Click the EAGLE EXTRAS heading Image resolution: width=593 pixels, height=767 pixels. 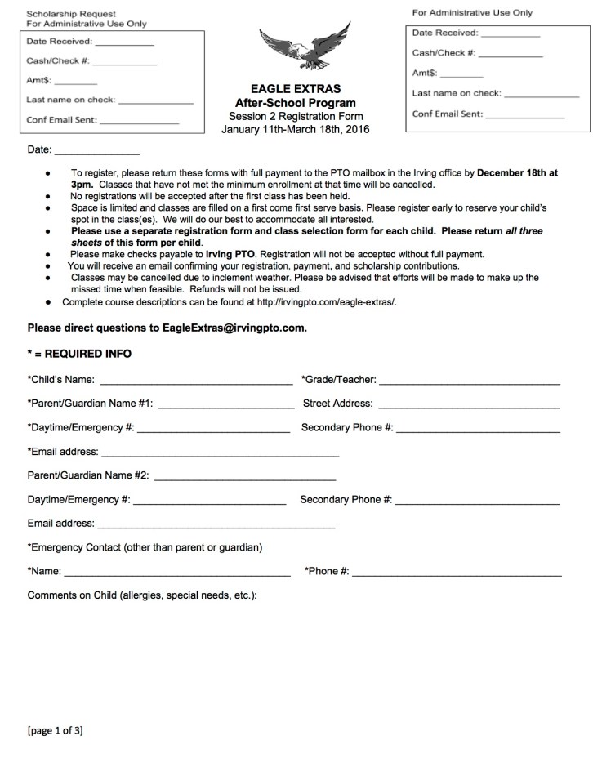tap(295, 89)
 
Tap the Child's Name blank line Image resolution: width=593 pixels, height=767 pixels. tap(196, 381)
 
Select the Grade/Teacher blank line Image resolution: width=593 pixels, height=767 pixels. tap(469, 381)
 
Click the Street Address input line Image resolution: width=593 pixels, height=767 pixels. tap(469, 405)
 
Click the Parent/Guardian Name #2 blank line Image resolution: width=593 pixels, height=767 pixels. tap(244, 477)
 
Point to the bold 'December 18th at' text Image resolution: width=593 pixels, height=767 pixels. tap(517, 173)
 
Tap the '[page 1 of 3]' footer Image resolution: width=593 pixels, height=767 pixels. tap(56, 730)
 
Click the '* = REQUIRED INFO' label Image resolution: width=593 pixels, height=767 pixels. tap(79, 354)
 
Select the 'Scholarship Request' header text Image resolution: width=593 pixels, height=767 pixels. tap(71, 14)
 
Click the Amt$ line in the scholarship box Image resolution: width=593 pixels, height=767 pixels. tap(75, 83)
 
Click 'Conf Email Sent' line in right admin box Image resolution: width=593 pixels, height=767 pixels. tap(524, 117)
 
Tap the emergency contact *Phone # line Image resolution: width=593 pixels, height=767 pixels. tap(457, 574)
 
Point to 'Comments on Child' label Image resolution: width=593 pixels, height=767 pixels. tap(142, 595)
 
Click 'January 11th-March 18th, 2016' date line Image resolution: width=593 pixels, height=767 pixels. tap(295, 129)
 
